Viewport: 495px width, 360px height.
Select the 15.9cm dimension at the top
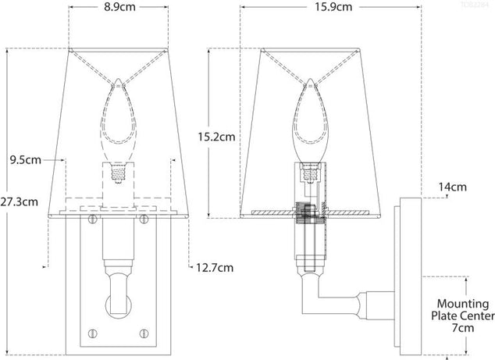point(335,9)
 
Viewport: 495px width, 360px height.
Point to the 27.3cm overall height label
point(20,201)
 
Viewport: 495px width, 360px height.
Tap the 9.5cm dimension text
point(25,161)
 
